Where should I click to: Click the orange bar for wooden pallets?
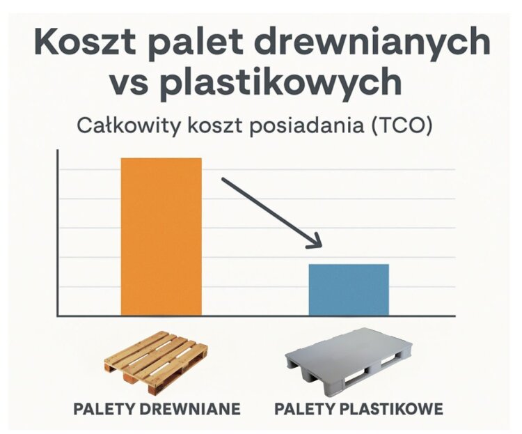click(x=161, y=237)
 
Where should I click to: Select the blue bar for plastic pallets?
click(x=349, y=290)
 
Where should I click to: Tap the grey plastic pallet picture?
click(x=349, y=362)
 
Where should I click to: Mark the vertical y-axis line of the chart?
click(x=58, y=233)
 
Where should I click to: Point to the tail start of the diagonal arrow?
click(x=223, y=179)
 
